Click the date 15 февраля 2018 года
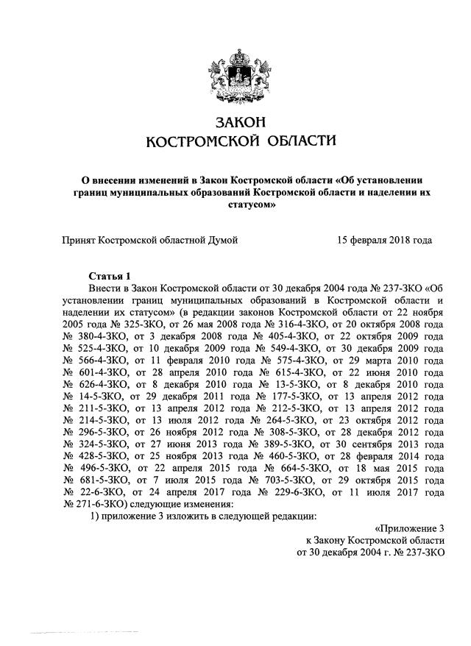click(384, 240)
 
